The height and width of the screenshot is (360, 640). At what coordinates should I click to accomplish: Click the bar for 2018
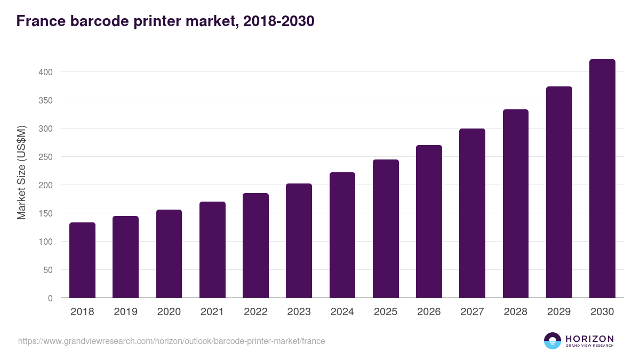(82, 260)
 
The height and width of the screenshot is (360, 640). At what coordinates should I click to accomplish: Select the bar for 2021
(212, 250)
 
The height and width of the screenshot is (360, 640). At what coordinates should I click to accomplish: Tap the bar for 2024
(342, 235)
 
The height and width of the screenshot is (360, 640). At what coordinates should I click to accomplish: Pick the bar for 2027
(472, 213)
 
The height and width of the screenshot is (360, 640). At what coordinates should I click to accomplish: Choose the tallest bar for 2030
(602, 179)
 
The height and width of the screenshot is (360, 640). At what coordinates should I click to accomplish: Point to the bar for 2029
(559, 192)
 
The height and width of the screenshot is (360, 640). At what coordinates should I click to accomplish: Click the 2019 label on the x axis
(125, 312)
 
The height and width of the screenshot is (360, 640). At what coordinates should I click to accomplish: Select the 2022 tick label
(255, 312)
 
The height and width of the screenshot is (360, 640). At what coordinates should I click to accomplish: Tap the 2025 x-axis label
(386, 312)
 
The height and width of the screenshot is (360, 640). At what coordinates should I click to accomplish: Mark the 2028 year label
(516, 312)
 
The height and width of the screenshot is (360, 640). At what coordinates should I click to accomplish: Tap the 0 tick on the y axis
(50, 298)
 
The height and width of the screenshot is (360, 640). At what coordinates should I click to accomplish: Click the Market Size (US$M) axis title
(21, 173)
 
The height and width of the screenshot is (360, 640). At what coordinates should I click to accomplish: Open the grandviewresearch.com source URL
(171, 341)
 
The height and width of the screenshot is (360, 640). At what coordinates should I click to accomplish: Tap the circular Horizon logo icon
(553, 341)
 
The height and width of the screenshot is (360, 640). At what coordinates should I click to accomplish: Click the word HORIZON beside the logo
(589, 339)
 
